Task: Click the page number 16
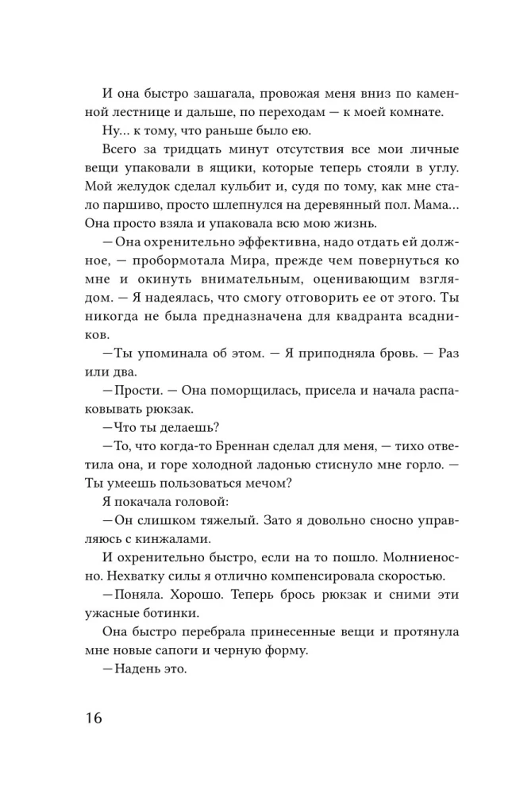click(91, 719)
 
